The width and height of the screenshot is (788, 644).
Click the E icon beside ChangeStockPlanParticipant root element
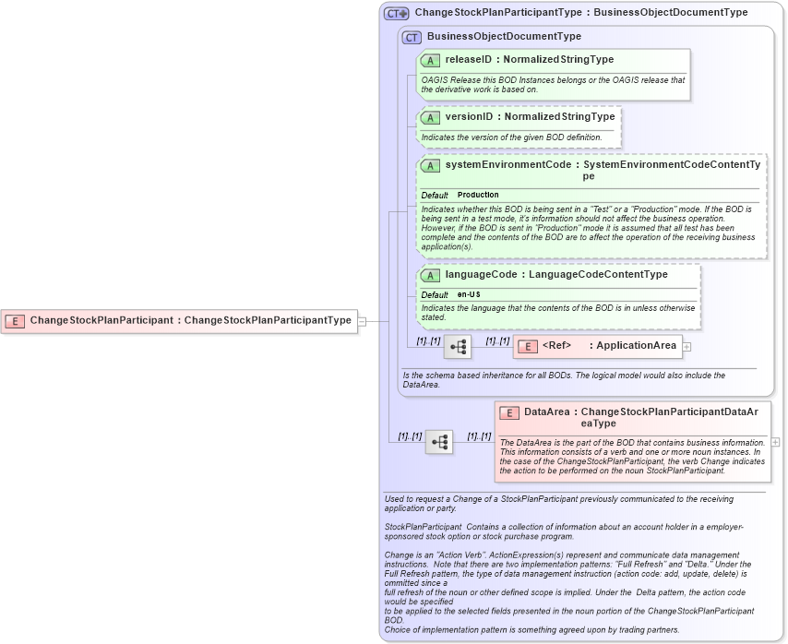(15, 321)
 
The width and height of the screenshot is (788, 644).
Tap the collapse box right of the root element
(363, 321)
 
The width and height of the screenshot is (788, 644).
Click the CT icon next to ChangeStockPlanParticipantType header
(397, 13)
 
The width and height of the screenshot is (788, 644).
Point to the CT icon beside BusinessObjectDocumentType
(412, 37)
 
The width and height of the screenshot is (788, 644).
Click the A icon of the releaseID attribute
(430, 60)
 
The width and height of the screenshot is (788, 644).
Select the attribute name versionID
(469, 117)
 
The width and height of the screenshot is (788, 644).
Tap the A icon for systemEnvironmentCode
(430, 166)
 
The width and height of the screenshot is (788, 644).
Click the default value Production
(478, 196)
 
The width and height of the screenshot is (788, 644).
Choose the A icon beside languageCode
(430, 275)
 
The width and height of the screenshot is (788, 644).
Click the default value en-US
(469, 294)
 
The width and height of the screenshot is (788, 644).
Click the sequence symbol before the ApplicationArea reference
(458, 347)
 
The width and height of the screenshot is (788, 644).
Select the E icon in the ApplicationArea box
(527, 346)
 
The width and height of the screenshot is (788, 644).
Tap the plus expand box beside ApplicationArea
(687, 347)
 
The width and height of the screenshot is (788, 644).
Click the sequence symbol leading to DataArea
(439, 442)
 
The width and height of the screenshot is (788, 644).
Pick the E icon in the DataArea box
(509, 412)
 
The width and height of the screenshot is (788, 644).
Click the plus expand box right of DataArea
(775, 442)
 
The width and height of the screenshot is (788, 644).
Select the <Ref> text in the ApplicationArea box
(556, 346)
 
